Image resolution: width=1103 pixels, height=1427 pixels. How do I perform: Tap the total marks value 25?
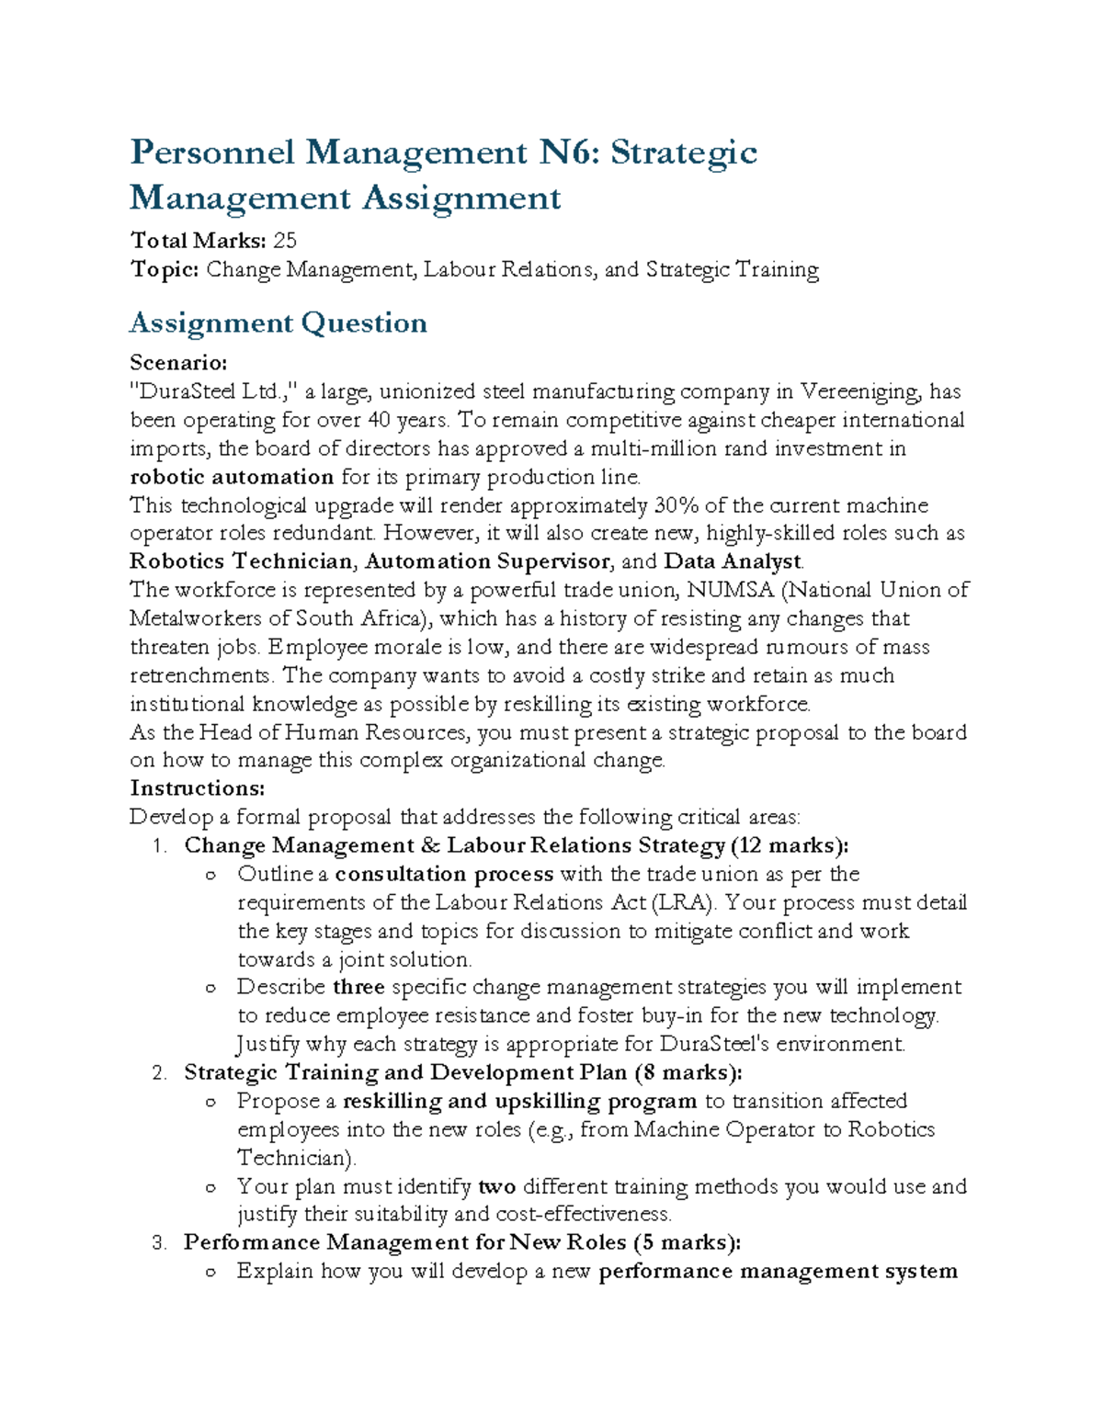pos(285,241)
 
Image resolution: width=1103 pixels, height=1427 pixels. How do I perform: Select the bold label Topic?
pos(165,269)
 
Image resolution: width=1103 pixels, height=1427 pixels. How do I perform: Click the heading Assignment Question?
pos(278,323)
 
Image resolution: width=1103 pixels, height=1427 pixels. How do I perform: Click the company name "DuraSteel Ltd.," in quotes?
pos(214,391)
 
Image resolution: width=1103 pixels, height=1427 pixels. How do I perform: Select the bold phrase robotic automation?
pos(232,477)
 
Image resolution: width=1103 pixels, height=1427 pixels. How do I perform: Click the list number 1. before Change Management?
pos(159,845)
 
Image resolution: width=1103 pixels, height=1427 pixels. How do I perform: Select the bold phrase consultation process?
pos(444,874)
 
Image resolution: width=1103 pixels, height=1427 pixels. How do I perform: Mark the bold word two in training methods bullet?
pos(497,1186)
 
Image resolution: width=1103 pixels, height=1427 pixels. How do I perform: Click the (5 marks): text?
pos(687,1242)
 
